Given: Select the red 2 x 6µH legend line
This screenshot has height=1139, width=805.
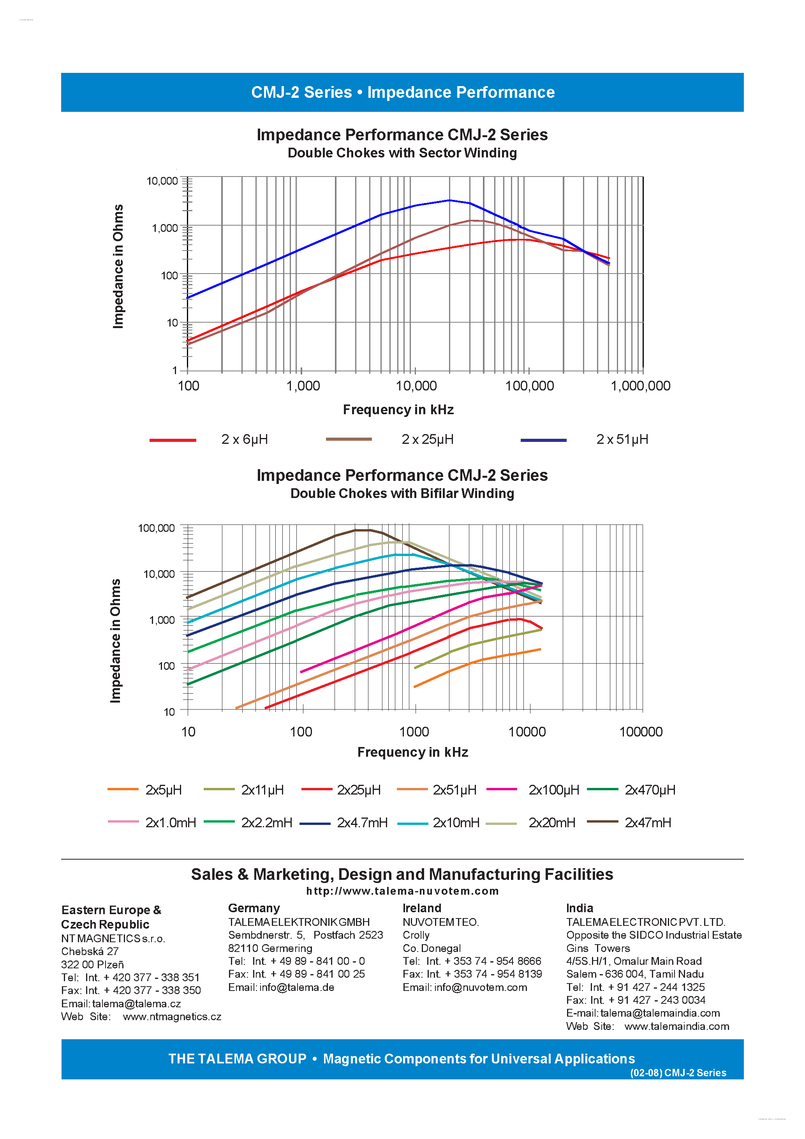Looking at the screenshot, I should [x=173, y=440].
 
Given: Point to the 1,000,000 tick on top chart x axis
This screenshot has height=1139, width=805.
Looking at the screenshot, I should [x=640, y=385].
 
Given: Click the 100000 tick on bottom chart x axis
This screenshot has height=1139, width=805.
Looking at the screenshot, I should [x=640, y=732].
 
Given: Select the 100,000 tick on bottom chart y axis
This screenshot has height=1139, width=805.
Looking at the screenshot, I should [x=156, y=528].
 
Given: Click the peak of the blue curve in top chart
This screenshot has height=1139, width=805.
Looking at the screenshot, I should [x=449, y=200].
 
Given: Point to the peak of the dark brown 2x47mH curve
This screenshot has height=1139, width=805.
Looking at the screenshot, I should [x=361, y=530].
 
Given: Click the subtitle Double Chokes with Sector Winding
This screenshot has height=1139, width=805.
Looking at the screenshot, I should [x=402, y=153].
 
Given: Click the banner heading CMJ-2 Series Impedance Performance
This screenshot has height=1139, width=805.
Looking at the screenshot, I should [x=403, y=92].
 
